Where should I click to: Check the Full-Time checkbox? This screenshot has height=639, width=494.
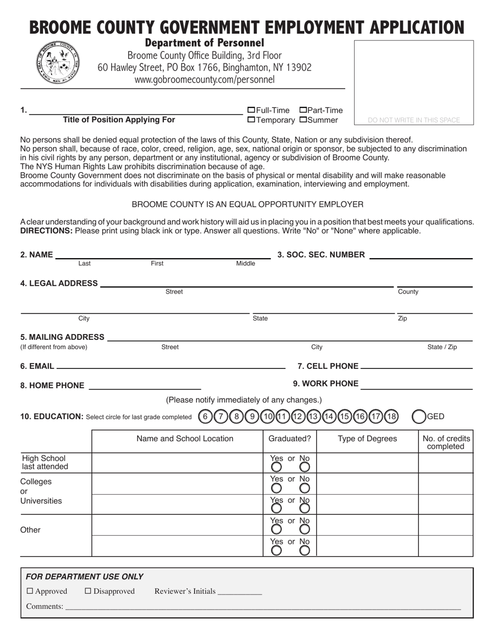tap(251, 110)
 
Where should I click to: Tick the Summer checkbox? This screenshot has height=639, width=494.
tap(303, 120)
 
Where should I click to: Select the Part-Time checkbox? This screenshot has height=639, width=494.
tap(303, 110)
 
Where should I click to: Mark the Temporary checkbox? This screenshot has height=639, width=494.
tap(251, 120)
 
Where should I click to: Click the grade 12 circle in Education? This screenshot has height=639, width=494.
tap(298, 416)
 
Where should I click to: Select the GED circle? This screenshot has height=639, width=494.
tap(419, 416)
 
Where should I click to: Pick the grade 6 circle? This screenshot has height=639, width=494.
tap(205, 416)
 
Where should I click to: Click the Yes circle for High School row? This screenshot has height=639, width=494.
tap(277, 467)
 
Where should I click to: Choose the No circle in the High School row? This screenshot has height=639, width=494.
tap(305, 467)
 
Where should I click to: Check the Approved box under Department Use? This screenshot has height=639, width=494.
tap(30, 591)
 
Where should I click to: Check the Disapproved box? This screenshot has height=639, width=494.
tap(88, 591)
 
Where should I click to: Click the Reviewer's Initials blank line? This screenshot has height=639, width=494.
tap(240, 592)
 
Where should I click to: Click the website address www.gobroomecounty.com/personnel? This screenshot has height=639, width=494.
tap(204, 79)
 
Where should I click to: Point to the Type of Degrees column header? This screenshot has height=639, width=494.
tap(367, 438)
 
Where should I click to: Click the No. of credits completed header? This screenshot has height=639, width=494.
tap(446, 442)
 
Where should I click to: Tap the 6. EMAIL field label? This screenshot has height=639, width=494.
tap(37, 366)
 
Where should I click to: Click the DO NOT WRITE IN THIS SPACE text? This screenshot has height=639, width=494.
tap(414, 120)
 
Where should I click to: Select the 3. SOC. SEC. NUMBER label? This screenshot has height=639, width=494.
tap(321, 255)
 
